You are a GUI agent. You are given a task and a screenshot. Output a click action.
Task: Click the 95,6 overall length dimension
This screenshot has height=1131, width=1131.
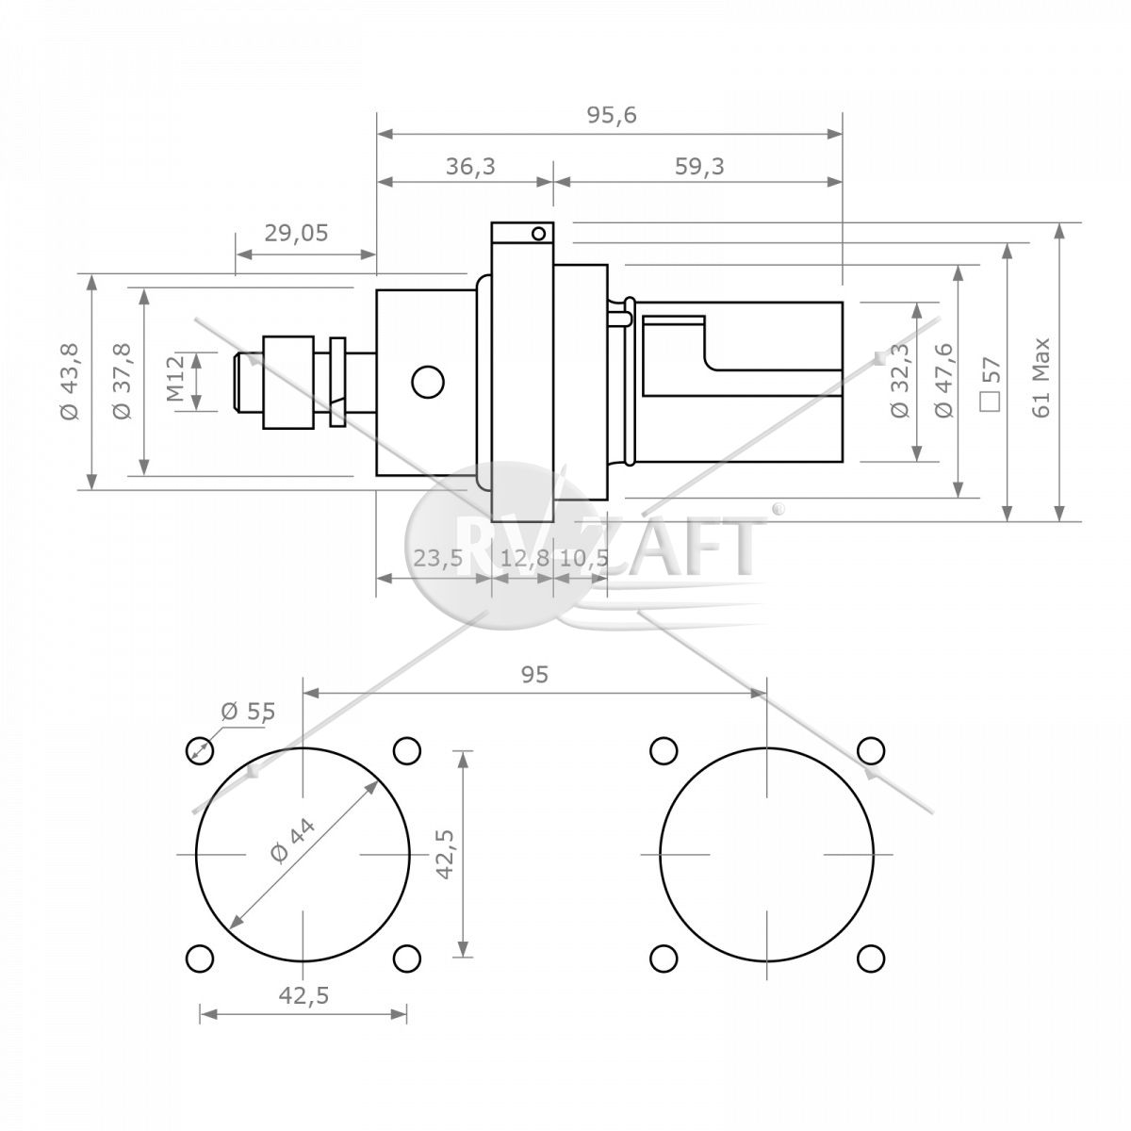pos(612,115)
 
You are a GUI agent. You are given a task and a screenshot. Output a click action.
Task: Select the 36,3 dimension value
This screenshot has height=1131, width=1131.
pos(470,166)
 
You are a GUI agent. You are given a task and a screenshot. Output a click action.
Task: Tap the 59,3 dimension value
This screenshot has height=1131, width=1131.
pos(699,166)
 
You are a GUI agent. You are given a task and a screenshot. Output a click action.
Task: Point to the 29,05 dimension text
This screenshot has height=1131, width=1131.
pos(296,233)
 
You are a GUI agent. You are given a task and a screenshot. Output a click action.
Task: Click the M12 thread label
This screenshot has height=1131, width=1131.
pos(175,379)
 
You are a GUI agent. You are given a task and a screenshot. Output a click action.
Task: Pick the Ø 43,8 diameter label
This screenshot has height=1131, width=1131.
pos(70,381)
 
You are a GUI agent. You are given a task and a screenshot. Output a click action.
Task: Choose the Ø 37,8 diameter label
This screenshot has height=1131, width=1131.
pos(123,381)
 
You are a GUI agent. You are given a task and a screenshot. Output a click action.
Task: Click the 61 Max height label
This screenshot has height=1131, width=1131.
pos(1041,377)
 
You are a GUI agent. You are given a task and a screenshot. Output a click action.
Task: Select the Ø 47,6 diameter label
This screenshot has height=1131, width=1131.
pos(943,380)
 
